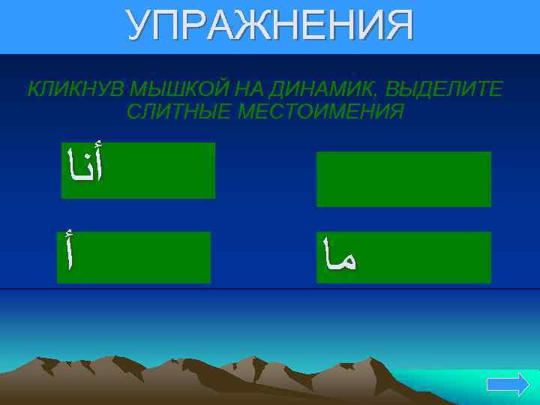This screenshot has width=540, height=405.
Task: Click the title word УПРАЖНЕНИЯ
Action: pos(269,26)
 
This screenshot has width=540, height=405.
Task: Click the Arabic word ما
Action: pos(337,255)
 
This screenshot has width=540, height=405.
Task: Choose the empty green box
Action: pos(403,178)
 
